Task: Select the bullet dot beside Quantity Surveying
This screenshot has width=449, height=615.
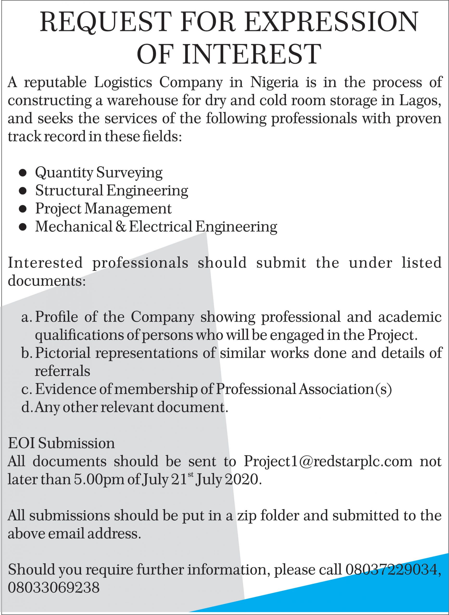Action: (23, 173)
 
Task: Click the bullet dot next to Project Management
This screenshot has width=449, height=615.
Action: (23, 209)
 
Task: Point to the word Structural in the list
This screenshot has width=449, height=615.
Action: (69, 191)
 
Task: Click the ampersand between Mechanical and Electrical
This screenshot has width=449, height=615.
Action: (120, 227)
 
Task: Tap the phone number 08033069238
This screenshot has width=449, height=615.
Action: (54, 588)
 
